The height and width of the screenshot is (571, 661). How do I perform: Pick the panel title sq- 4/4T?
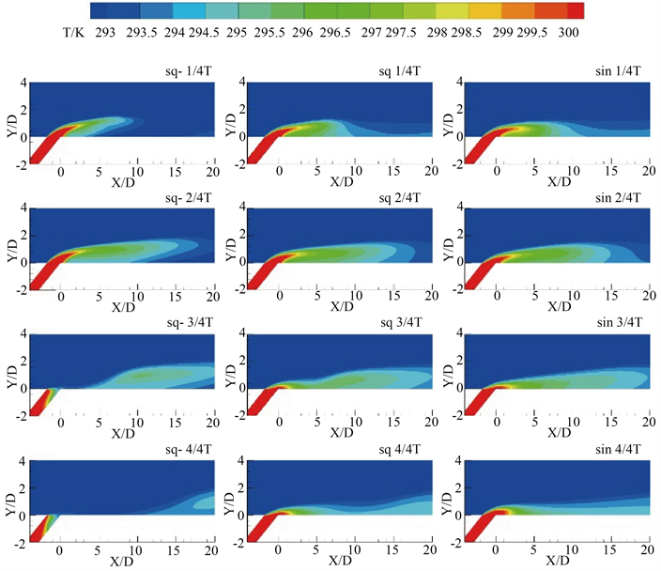click(x=187, y=448)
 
